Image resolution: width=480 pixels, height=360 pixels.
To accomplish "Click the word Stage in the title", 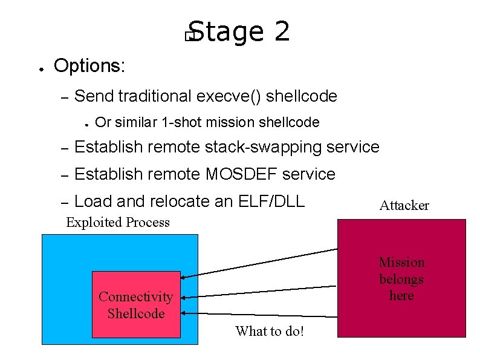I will [x=225, y=32].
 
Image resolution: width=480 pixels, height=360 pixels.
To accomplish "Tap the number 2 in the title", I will [x=282, y=31].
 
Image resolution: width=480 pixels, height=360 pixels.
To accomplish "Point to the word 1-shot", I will [x=183, y=123].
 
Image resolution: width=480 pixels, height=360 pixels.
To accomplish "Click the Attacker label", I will [x=404, y=206].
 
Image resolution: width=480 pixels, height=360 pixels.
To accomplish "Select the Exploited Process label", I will [x=118, y=223].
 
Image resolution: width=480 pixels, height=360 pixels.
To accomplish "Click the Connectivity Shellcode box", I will [x=136, y=304].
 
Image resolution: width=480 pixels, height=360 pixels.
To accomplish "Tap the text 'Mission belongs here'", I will [x=401, y=279].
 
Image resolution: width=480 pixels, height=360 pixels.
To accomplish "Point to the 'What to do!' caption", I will [x=270, y=331].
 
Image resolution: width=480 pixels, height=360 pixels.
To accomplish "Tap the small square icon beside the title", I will [x=189, y=38].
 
